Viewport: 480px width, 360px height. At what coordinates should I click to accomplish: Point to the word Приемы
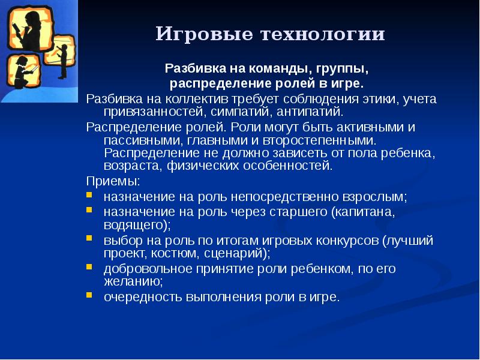(113, 181)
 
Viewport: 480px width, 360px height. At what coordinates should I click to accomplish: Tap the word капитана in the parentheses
(367, 212)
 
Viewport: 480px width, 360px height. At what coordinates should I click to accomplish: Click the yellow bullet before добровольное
(89, 267)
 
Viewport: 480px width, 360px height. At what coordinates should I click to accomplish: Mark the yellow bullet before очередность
(89, 296)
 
